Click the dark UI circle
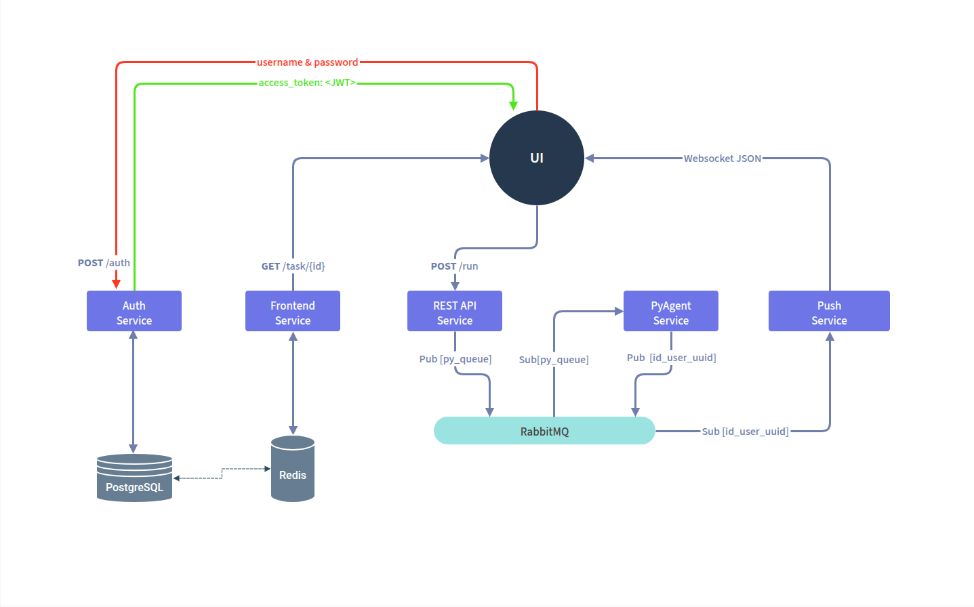[x=537, y=158]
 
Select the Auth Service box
[x=134, y=311]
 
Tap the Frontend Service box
[x=293, y=311]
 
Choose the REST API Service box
[x=455, y=311]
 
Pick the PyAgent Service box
[x=671, y=311]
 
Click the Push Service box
[x=829, y=311]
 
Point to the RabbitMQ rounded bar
[x=544, y=431]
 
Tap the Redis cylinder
[x=293, y=469]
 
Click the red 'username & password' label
[x=308, y=62]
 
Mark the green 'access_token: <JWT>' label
[x=307, y=83]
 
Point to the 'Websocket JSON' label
[x=723, y=159]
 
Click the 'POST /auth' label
[x=104, y=263]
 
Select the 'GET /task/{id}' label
[x=293, y=266]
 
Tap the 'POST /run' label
[x=454, y=266]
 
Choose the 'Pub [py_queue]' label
[x=455, y=359]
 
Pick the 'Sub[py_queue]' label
[x=554, y=360]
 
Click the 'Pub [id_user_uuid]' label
[x=671, y=358]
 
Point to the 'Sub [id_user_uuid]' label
[x=745, y=432]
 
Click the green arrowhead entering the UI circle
[x=513, y=105]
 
